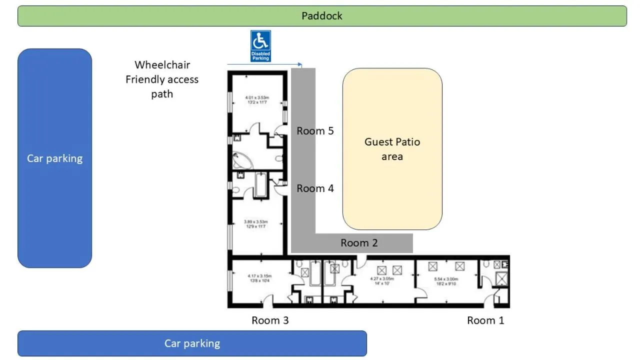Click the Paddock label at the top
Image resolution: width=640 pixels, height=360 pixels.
[322, 16]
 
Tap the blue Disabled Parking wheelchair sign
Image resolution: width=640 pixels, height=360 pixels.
[260, 46]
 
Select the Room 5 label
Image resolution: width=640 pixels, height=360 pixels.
[315, 131]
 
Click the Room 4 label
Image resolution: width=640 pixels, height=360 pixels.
[315, 188]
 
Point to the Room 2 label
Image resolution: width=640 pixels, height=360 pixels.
[359, 243]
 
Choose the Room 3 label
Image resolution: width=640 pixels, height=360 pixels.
[270, 320]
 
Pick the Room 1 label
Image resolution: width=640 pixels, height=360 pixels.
[485, 320]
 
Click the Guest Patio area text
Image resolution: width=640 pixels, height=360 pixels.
[392, 149]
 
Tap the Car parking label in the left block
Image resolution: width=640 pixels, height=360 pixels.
[54, 158]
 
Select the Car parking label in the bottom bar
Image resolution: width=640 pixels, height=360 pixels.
[192, 343]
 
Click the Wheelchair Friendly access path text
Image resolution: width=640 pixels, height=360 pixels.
[162, 79]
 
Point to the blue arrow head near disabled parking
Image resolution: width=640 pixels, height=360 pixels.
[300, 64]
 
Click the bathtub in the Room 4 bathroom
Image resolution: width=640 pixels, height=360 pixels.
[261, 185]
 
